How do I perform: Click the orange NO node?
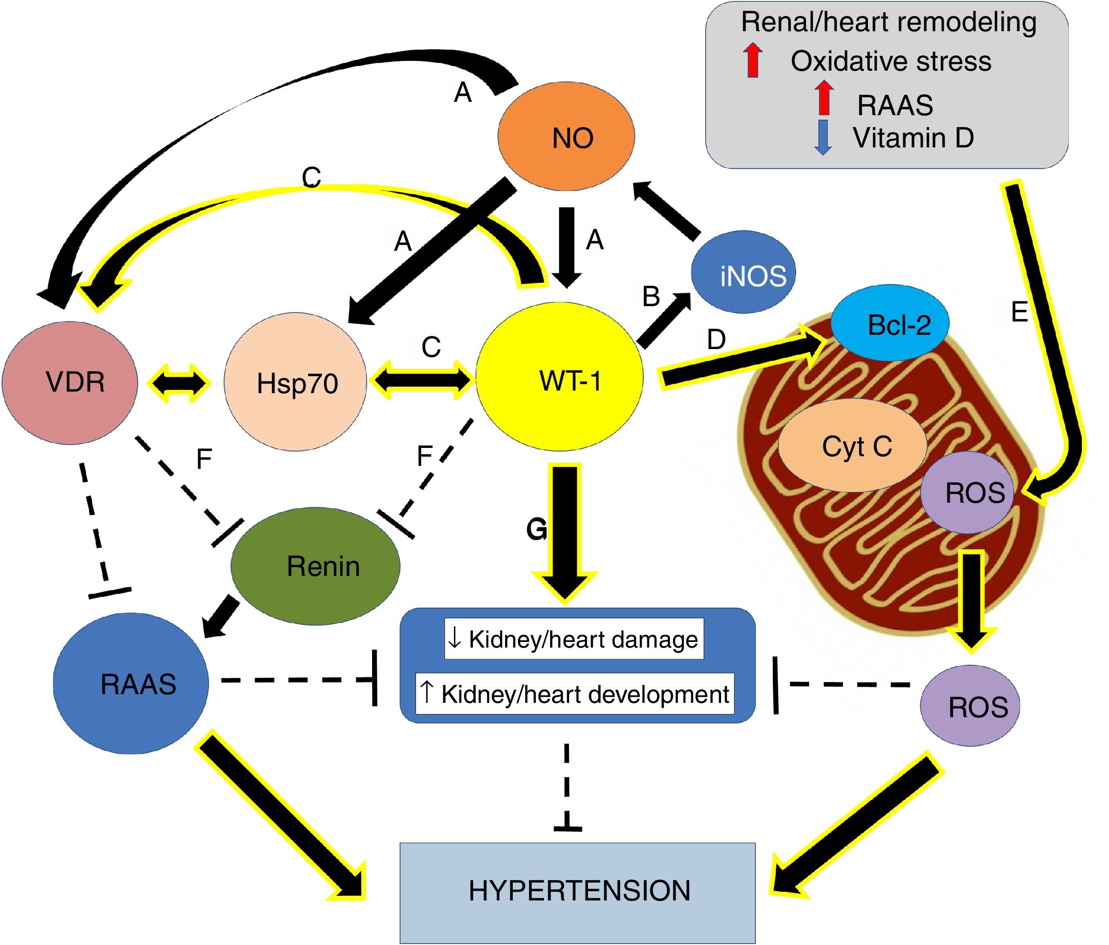pyautogui.click(x=567, y=137)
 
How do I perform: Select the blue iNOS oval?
pyautogui.click(x=744, y=272)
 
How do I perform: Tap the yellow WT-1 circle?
pyautogui.click(x=559, y=377)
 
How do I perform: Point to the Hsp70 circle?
pyautogui.click(x=295, y=382)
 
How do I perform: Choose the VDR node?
pyautogui.click(x=70, y=382)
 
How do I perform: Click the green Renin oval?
pyautogui.click(x=315, y=567)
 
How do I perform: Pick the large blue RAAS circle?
pyautogui.click(x=131, y=684)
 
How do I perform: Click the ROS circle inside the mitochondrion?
pyautogui.click(x=967, y=492)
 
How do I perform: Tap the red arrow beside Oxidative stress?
pyautogui.click(x=753, y=60)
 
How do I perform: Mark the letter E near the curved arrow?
pyautogui.click(x=1019, y=312)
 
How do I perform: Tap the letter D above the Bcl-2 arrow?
pyautogui.click(x=716, y=339)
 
